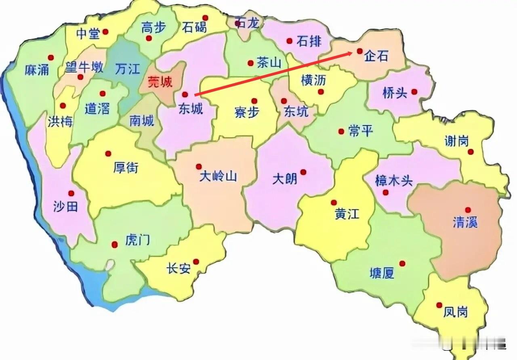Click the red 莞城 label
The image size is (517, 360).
pyautogui.click(x=160, y=83)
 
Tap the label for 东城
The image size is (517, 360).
pyautogui.click(x=190, y=109)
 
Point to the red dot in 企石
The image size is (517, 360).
pyautogui.click(x=359, y=51)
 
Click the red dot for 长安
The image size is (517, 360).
pyautogui.click(x=196, y=262)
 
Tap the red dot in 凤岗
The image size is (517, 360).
pyautogui.click(x=439, y=305)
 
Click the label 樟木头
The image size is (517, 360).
pyautogui.click(x=394, y=181)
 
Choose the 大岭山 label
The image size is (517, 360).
pyautogui.click(x=218, y=176)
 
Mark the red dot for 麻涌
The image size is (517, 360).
pyautogui.click(x=50, y=58)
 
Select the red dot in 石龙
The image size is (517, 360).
pyautogui.click(x=238, y=23)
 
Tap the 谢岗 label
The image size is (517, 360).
pyautogui.click(x=456, y=141)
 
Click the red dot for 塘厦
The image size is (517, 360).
pyautogui.click(x=402, y=264)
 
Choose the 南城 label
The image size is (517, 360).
pyautogui.click(x=142, y=120)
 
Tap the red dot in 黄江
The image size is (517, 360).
pyautogui.click(x=334, y=203)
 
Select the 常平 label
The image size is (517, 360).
pyautogui.click(x=361, y=131)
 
